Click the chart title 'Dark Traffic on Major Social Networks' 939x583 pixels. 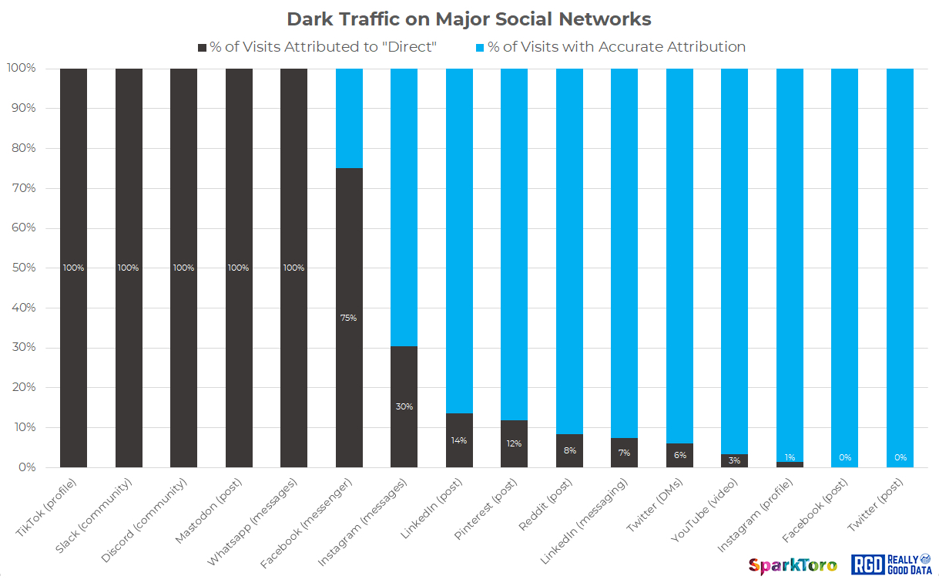pyautogui.click(x=469, y=19)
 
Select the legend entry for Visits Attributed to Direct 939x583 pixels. pyautogui.click(x=318, y=47)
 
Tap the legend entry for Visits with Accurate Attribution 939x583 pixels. pyautogui.click(x=610, y=47)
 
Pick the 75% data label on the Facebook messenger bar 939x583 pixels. pyautogui.click(x=349, y=318)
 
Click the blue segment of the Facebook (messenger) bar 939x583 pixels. pyautogui.click(x=349, y=117)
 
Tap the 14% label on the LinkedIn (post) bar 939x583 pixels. pyautogui.click(x=459, y=440)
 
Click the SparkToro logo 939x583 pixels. pyautogui.click(x=793, y=565)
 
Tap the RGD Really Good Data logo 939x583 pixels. pyautogui.click(x=891, y=564)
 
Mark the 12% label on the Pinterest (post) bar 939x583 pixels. pyautogui.click(x=514, y=443)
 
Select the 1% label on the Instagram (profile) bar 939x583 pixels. pyautogui.click(x=790, y=457)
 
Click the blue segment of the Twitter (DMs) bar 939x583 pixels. pyautogui.click(x=679, y=254)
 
